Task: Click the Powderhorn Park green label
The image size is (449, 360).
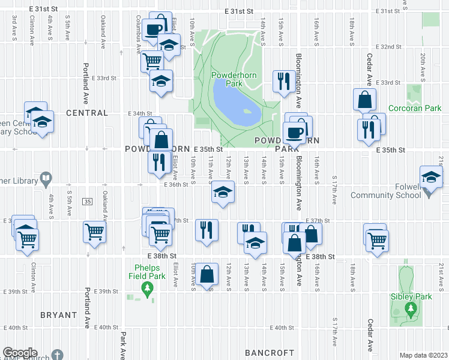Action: (226, 79)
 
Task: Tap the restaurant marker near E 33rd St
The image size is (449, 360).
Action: (282, 80)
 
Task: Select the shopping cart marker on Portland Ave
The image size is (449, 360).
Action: (95, 232)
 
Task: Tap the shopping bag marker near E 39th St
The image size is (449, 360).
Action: (206, 274)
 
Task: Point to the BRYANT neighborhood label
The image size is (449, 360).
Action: (58, 315)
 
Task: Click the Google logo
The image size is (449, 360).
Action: (20, 353)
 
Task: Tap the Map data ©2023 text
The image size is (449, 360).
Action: (423, 355)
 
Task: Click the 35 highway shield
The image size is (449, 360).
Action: (88, 201)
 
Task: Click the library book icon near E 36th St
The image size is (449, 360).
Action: (46, 179)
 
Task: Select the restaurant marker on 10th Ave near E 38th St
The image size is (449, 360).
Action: (206, 230)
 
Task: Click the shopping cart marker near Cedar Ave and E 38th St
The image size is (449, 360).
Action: (377, 239)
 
